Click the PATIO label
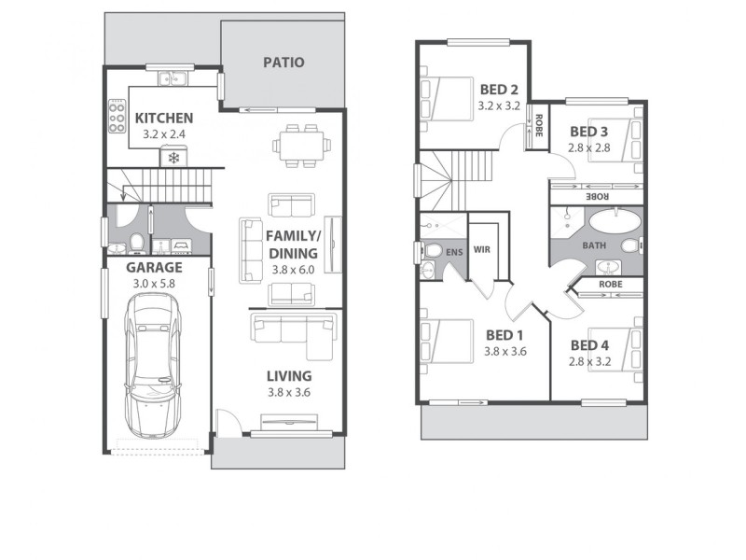point(283,63)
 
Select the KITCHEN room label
point(164,119)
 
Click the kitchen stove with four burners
point(117,119)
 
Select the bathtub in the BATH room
point(613,225)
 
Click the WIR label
point(482,249)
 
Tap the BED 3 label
point(589,132)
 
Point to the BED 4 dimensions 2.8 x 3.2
point(589,361)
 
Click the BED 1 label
point(504,335)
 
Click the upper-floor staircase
point(448,182)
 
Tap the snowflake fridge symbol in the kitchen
point(173,157)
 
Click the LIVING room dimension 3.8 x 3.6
point(288,392)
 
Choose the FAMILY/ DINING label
point(293,245)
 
